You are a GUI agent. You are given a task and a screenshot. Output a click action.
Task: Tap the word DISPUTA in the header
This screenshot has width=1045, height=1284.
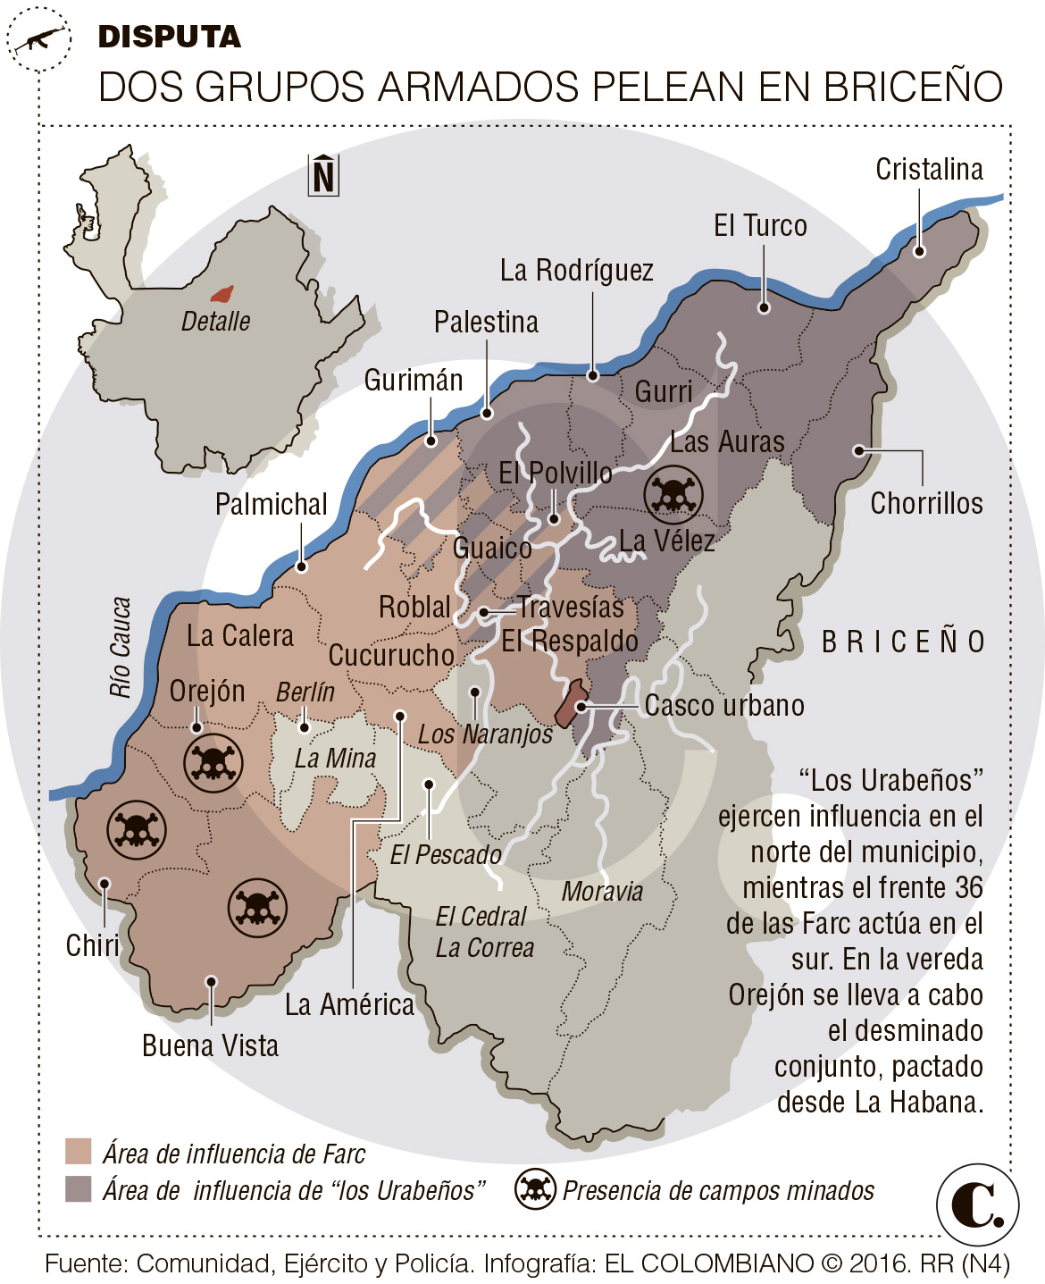[x=169, y=37]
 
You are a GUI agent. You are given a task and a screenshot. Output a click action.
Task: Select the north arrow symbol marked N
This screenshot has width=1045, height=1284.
[x=323, y=174]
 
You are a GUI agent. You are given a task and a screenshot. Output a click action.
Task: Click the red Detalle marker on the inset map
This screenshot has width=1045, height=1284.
[x=222, y=294]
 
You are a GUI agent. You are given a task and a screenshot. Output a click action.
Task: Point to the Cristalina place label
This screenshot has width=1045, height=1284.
[x=929, y=169]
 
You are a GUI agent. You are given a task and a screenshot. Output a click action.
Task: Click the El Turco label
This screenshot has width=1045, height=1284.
[x=760, y=226]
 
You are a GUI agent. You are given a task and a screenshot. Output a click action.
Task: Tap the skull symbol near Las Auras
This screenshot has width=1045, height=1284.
[x=673, y=494]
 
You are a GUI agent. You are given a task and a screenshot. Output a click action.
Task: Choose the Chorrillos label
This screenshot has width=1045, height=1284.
[x=926, y=503]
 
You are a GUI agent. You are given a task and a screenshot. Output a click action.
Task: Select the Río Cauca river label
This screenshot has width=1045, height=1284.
[x=121, y=647]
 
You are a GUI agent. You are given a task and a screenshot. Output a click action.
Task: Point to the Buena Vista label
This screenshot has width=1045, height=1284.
[x=210, y=1045]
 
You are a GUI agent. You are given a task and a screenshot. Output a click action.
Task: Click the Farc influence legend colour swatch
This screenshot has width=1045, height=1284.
[x=79, y=1152]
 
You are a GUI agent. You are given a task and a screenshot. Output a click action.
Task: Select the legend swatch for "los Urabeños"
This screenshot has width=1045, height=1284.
[x=79, y=1189]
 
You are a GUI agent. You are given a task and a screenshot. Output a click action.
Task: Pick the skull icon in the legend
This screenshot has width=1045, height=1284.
[x=535, y=1189]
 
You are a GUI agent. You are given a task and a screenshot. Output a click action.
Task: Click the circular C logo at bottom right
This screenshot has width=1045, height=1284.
[x=978, y=1204]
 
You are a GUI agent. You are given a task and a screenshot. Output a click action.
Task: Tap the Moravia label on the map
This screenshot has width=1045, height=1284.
[x=602, y=891]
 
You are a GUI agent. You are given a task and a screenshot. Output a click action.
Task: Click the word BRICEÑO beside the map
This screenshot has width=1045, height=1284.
[x=903, y=642]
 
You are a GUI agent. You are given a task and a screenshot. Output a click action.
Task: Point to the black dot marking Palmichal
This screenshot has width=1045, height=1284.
[x=301, y=566]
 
